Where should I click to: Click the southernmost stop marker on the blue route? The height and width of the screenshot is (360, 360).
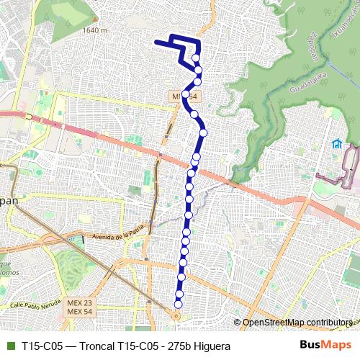178,304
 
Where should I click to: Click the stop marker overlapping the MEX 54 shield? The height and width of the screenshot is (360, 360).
186,94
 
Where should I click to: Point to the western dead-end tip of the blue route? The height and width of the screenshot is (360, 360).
156,43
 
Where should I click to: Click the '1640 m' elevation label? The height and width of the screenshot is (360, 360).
94,30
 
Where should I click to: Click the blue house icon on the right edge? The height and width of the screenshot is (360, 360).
336,143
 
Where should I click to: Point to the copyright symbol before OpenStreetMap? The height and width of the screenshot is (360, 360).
237,322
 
